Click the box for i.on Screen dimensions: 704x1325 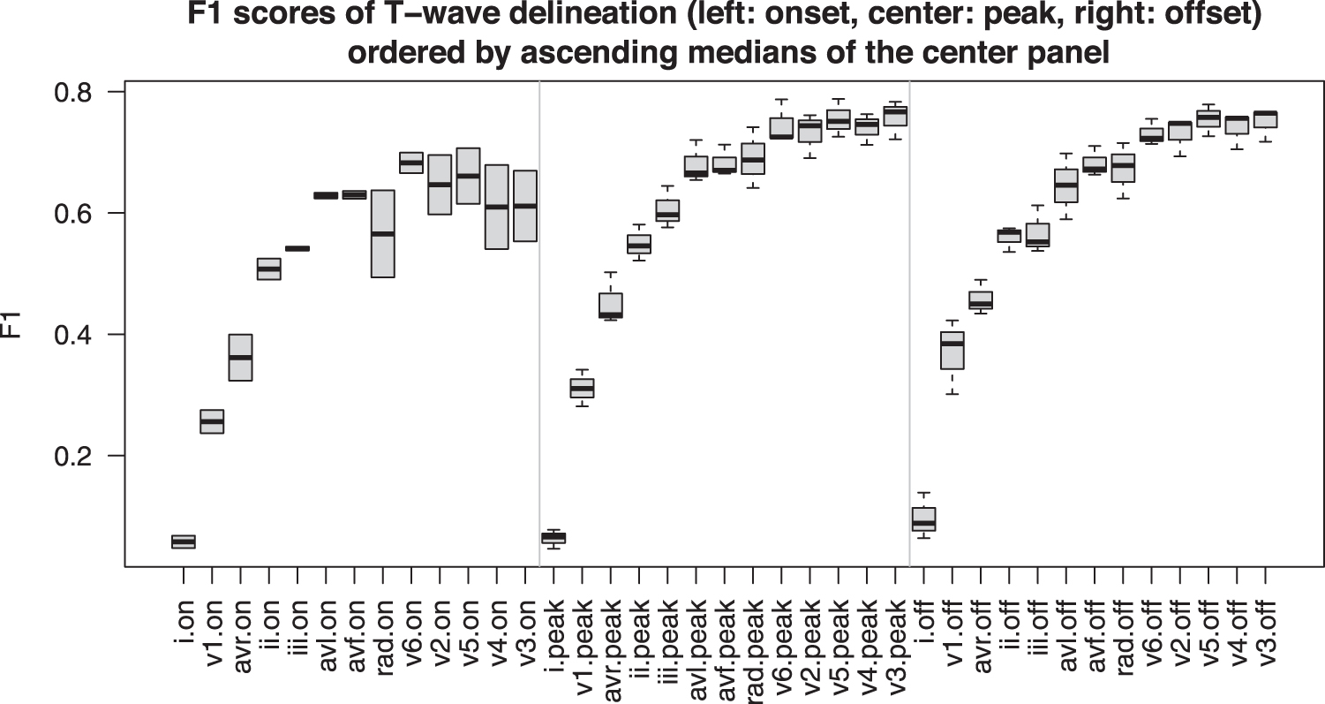(184, 541)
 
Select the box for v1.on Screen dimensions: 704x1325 (212, 421)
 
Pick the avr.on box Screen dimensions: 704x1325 (241, 357)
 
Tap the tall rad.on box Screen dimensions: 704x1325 (382, 233)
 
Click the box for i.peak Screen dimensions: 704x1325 (553, 537)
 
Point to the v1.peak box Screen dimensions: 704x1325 (582, 388)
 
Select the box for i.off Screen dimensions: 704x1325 (923, 519)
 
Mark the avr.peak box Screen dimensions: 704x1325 (611, 306)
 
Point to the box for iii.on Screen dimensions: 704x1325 (297, 248)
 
